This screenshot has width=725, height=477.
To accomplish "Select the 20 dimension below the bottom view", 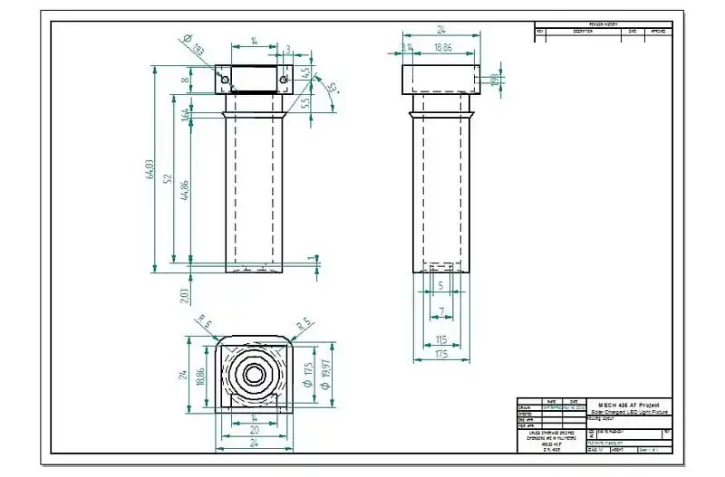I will (x=254, y=431).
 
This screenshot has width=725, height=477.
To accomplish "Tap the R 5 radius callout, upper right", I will (x=305, y=321).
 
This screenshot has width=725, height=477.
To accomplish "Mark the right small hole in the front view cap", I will (x=285, y=80).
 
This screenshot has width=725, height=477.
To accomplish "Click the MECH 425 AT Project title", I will (x=629, y=405).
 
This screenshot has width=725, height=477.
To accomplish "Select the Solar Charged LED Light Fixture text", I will (x=629, y=412).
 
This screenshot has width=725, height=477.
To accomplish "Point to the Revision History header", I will (x=603, y=24).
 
